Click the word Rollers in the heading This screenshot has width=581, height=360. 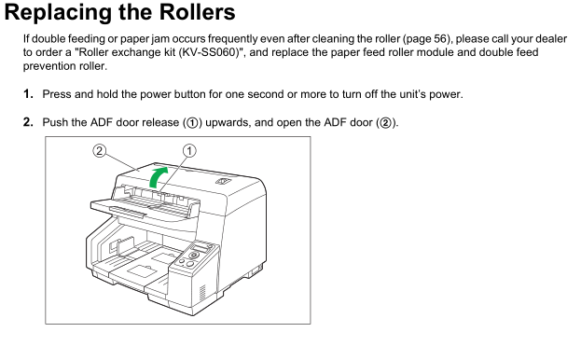(197, 12)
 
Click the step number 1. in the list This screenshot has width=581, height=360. (28, 94)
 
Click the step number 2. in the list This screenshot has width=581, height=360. (28, 122)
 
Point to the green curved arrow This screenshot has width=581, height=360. (158, 177)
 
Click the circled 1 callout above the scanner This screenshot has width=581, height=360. (189, 151)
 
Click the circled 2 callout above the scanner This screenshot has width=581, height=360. (99, 151)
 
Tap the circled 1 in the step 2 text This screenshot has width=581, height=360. (192, 122)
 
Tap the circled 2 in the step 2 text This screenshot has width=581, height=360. (386, 122)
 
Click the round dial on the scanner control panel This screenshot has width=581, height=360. (193, 256)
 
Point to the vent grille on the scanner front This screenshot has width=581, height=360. (202, 294)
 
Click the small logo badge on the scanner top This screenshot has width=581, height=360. (223, 181)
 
